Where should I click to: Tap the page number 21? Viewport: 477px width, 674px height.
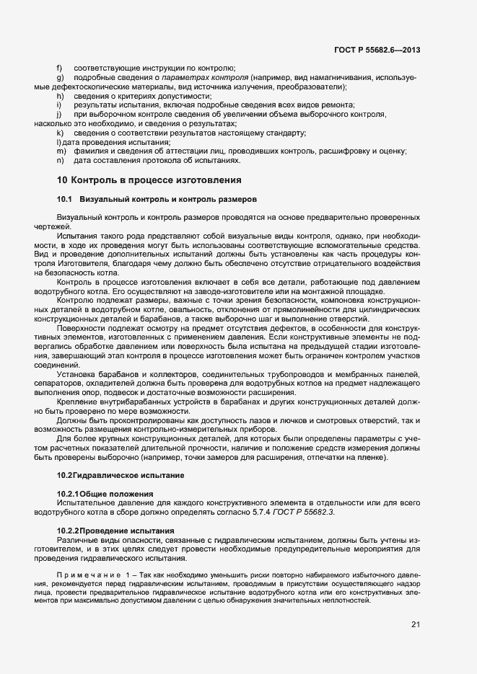pyautogui.click(x=416, y=624)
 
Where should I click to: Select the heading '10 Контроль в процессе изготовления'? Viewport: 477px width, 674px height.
pyautogui.click(x=149, y=179)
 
